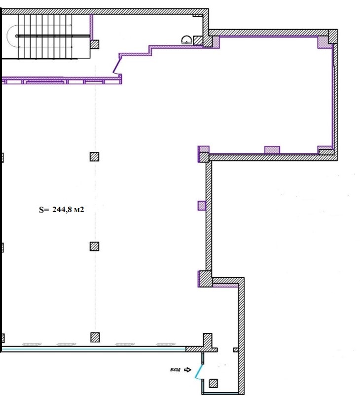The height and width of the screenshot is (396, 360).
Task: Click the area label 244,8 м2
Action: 68,210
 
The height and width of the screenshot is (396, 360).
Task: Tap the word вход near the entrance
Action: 176,370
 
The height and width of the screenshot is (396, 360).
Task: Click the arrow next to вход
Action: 187,370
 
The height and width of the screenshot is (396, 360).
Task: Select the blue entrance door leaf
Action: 199,371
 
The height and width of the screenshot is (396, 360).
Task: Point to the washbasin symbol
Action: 186,40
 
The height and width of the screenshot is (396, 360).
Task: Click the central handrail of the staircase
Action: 53,36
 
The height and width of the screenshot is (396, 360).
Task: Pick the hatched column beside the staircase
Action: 95,44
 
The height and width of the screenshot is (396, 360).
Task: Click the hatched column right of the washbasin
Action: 198,40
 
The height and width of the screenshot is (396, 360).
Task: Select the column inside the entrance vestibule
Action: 214,383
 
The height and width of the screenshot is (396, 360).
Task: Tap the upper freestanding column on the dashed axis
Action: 95,157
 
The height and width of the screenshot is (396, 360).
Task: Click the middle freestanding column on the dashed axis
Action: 95,246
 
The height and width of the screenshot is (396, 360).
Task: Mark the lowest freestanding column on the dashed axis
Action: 95,337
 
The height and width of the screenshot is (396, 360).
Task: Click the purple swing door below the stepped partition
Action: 117,66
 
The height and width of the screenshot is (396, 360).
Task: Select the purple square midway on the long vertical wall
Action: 202,206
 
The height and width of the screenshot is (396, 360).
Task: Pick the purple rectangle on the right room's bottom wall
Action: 272,150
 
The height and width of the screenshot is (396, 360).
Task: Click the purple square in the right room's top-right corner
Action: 323,42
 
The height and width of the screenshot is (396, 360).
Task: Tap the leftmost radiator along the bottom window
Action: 32,344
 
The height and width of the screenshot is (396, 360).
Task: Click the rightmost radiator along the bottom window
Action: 166,344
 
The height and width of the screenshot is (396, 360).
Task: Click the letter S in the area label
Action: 41,210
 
